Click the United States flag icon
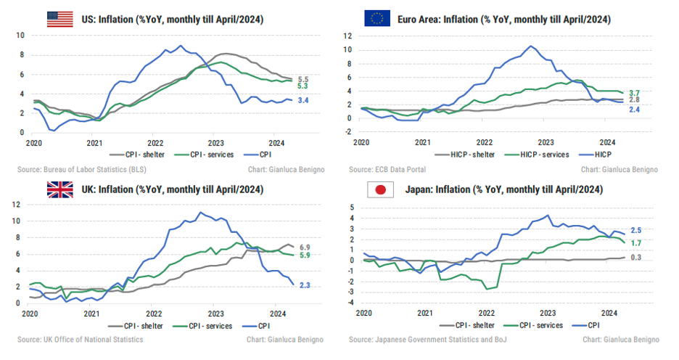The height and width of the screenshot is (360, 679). (x=61, y=19)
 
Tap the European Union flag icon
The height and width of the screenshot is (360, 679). (x=377, y=19)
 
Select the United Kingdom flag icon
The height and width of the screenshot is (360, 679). (x=61, y=189)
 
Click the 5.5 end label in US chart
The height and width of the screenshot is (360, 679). (x=303, y=79)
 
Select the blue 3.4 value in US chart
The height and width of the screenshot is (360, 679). (x=303, y=100)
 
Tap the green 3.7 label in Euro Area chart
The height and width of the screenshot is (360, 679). (x=633, y=93)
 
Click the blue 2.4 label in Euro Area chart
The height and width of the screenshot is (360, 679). (x=633, y=110)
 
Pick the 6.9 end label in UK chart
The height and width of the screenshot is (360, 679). (x=305, y=247)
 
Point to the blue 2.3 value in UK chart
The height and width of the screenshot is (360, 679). (x=305, y=285)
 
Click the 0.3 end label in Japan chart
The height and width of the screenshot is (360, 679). (x=636, y=257)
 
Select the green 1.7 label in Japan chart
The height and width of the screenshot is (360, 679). (x=636, y=242)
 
